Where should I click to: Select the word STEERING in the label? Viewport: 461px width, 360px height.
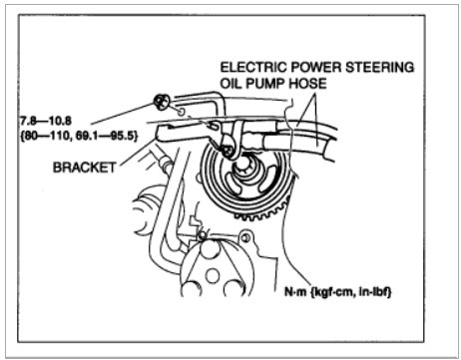click(374, 70)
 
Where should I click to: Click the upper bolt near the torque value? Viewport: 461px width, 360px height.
click(160, 100)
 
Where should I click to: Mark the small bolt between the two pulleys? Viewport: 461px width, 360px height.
click(203, 235)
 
